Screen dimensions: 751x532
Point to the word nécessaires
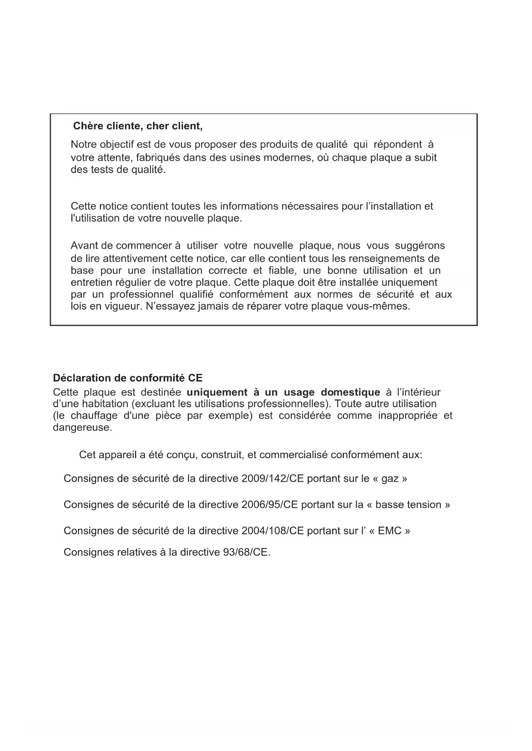tap(310, 206)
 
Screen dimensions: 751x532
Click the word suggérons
tap(420, 246)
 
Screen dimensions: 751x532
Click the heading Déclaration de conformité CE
tap(128, 378)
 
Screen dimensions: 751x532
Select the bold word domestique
tap(350, 392)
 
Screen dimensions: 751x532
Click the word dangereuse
tap(82, 428)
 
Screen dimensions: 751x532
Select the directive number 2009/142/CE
tap(272, 479)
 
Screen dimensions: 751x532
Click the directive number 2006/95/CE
tap(269, 505)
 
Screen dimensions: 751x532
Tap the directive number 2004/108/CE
tap(272, 531)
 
